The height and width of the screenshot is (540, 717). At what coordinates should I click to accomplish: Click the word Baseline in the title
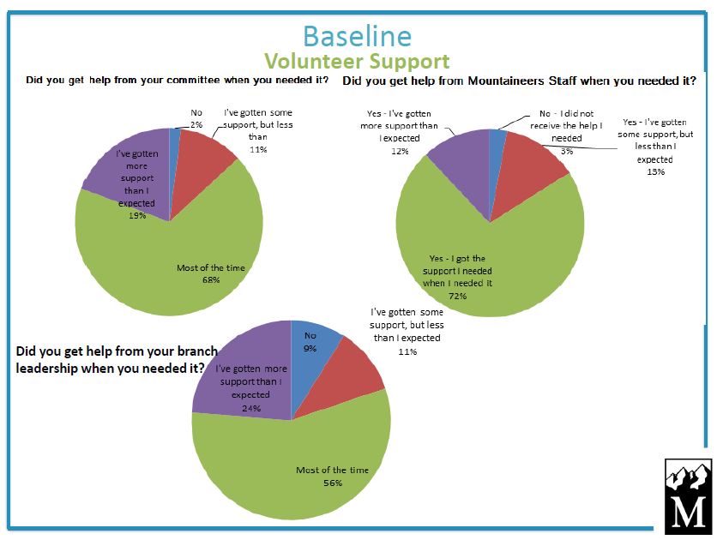pos(357,35)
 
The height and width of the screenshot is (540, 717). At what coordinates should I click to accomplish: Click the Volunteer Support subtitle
pos(357,62)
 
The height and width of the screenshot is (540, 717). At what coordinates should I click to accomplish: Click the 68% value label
pos(210,280)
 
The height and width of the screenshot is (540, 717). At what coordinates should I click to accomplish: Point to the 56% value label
pos(332,483)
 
